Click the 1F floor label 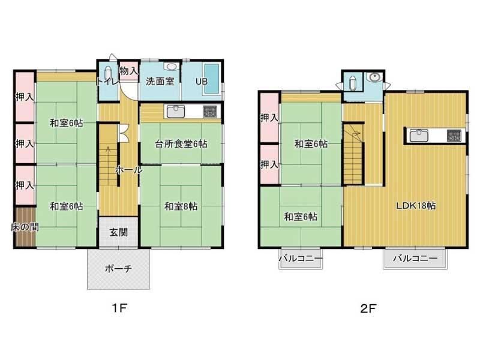pyautogui.click(x=119, y=308)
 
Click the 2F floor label pyautogui.click(x=368, y=308)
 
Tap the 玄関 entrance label pyautogui.click(x=118, y=232)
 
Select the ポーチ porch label pyautogui.click(x=118, y=269)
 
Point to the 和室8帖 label pyautogui.click(x=181, y=206)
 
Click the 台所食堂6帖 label pyautogui.click(x=181, y=143)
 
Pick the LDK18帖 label pyautogui.click(x=416, y=205)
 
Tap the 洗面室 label pyautogui.click(x=160, y=81)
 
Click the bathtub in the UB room pyautogui.click(x=212, y=79)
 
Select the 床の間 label pyautogui.click(x=25, y=227)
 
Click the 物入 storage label pyautogui.click(x=129, y=71)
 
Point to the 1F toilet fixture pyautogui.click(x=108, y=74)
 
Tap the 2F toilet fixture pyautogui.click(x=352, y=83)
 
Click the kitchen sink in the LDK pyautogui.click(x=419, y=136)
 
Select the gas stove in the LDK pyautogui.click(x=454, y=136)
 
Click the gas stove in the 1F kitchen pyautogui.click(x=210, y=111)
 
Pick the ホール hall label pyautogui.click(x=128, y=170)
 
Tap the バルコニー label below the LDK pyautogui.click(x=415, y=258)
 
